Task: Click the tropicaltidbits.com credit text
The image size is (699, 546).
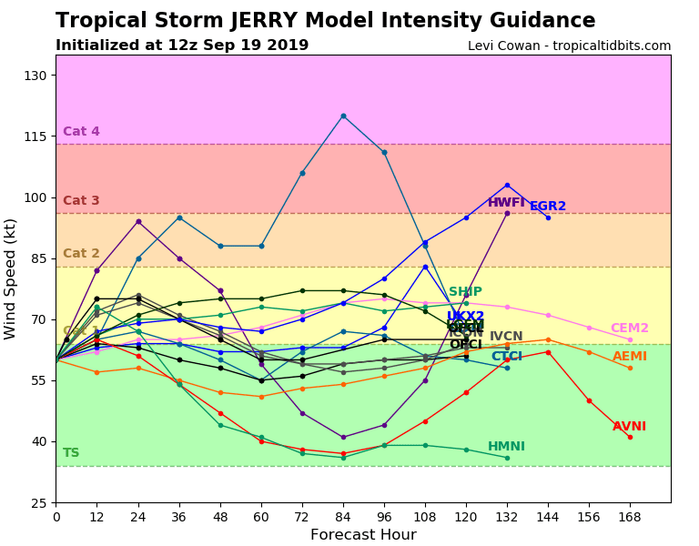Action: pos(569,46)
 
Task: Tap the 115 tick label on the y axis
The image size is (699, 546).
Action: pos(34,136)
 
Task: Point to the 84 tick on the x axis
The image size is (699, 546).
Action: pos(343,517)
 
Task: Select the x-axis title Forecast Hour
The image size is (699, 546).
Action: pos(363,535)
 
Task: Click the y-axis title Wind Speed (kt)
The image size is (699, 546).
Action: pos(11,278)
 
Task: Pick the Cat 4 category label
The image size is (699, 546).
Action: pos(81,132)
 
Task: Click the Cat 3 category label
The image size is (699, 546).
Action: pos(81,201)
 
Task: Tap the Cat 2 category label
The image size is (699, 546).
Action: pos(81,254)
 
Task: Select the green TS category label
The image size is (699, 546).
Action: pos(71,453)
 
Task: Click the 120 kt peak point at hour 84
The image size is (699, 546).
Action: pos(343,116)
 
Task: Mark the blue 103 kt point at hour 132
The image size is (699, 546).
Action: pos(507,185)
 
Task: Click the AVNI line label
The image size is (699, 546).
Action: pos(629,427)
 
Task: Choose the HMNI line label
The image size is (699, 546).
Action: pos(506,447)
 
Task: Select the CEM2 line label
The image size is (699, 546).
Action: pos(630,329)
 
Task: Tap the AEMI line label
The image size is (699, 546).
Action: pos(630,357)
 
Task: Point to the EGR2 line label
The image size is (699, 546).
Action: pos(548,207)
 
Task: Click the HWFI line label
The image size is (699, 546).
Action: pos(506,203)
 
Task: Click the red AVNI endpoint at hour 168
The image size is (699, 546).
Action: pos(630,437)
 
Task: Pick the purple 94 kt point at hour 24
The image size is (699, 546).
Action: pos(138,221)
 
